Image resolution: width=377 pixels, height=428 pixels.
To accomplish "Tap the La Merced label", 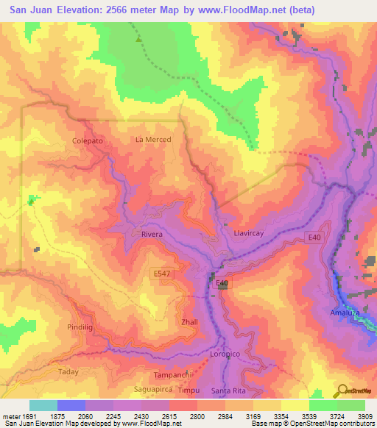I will tap(153, 140).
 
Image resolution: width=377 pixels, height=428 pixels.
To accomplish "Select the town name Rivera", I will tap(147, 234).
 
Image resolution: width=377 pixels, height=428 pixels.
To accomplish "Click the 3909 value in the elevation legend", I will tap(365, 416).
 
